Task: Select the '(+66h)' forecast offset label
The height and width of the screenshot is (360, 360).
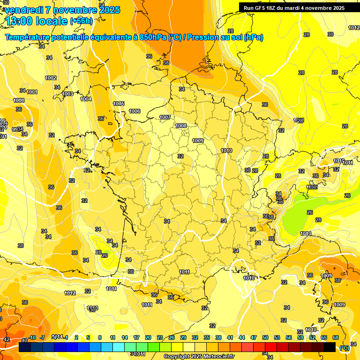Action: (x=81, y=21)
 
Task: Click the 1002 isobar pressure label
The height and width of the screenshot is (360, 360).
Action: (x=51, y=78)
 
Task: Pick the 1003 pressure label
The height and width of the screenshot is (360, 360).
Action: (x=67, y=94)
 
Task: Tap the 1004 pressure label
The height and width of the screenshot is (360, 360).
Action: (x=86, y=99)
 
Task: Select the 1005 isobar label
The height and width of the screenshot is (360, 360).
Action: (x=119, y=104)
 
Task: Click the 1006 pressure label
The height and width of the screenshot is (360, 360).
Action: (x=135, y=111)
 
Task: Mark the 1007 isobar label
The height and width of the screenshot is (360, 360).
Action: (x=165, y=117)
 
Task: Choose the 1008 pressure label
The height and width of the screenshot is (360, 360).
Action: (x=181, y=126)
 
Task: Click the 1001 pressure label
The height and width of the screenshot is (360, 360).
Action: (x=32, y=92)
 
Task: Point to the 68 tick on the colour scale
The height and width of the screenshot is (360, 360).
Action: (x=336, y=337)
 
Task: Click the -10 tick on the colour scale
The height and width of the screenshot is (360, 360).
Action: (x=32, y=337)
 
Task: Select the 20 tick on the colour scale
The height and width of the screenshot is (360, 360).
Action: (x=148, y=337)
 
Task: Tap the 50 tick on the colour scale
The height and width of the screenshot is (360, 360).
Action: (x=265, y=337)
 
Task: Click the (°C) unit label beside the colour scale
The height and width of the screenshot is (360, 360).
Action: (x=344, y=347)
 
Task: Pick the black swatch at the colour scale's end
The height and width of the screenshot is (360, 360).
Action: (x=330, y=347)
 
